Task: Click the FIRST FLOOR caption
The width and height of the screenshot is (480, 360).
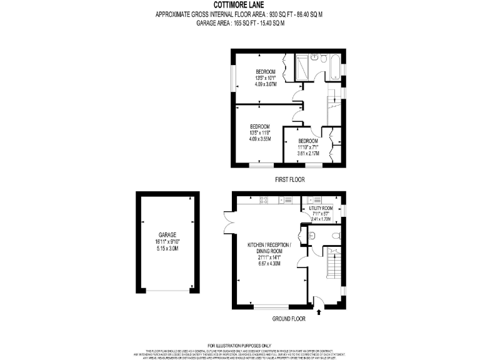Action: coord(289,179)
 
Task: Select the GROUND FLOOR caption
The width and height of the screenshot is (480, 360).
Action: coord(289,319)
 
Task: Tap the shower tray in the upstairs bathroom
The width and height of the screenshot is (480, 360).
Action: coord(302,65)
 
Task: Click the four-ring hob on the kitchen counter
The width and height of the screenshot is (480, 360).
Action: coord(264,200)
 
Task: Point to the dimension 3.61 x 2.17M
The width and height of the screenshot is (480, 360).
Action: coord(308,153)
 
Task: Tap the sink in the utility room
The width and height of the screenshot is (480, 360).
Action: coord(310,200)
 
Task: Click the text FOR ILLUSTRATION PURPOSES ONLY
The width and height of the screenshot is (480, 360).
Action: coord(239,345)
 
